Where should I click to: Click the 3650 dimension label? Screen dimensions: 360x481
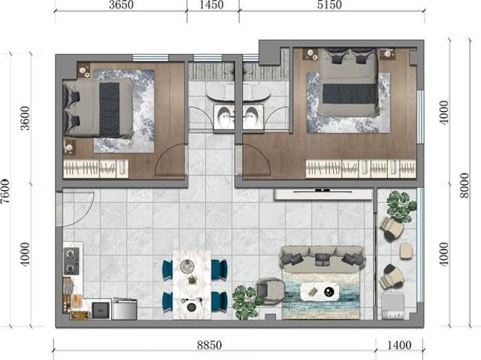[x=120, y=5]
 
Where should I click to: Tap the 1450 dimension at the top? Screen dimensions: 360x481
[x=213, y=5]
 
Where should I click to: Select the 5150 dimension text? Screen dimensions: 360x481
[x=329, y=5]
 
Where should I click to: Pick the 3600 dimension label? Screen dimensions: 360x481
[x=26, y=119]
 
